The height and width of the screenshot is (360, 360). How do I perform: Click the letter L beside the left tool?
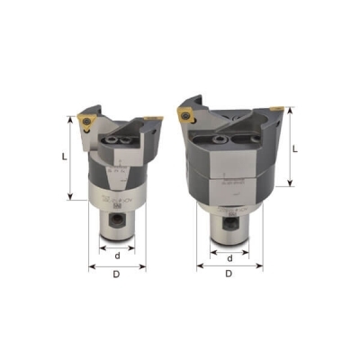tap(64, 156)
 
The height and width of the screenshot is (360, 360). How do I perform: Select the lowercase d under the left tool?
tap(118, 255)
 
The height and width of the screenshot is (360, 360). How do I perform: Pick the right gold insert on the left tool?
tap(156, 116)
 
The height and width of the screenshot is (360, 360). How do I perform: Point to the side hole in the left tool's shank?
tap(116, 218)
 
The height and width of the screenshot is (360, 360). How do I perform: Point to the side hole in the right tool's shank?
tap(232, 217)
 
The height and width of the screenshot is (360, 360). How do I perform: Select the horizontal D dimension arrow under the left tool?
tap(117, 268)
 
